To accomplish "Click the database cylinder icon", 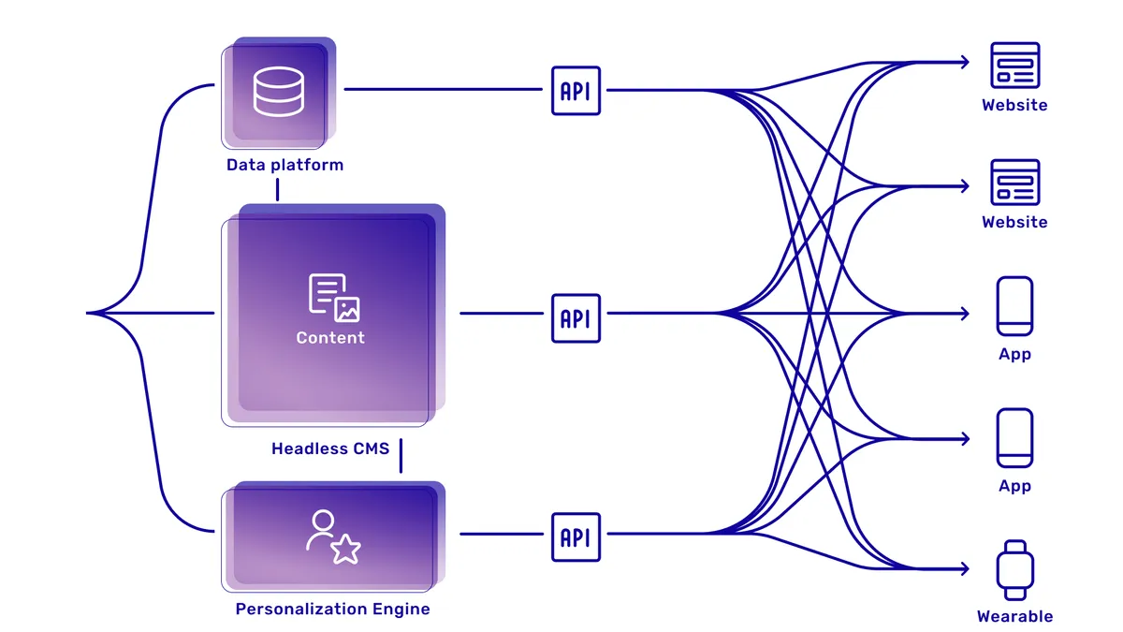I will (x=278, y=91).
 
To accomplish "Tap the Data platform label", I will (x=284, y=165).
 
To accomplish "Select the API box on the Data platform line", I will (x=576, y=91).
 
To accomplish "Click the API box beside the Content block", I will (x=576, y=318).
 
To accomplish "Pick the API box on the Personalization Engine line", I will (x=576, y=536).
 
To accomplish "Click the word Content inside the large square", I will (x=330, y=337).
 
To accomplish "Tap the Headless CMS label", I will (x=330, y=448).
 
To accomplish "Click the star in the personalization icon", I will (x=345, y=550).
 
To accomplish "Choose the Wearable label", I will (x=1014, y=616).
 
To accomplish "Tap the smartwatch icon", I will (x=1014, y=569).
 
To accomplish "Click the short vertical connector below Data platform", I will (x=278, y=189).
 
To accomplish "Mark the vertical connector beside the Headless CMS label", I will (x=401, y=456).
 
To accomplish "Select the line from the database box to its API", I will (x=445, y=90).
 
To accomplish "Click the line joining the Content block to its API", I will (x=501, y=313).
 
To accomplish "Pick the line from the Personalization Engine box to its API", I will (x=501, y=535).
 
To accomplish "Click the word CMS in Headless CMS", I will (x=372, y=448).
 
